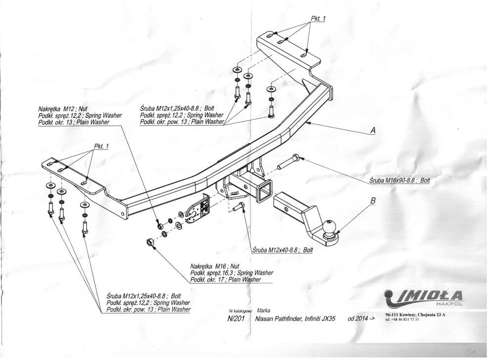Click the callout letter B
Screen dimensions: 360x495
373,201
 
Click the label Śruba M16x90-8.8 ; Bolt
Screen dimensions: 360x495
399,181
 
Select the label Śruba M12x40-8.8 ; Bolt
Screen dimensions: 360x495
283,250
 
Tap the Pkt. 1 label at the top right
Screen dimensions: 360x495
318,19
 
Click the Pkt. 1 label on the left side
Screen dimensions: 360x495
100,146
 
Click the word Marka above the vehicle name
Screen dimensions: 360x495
263,310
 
